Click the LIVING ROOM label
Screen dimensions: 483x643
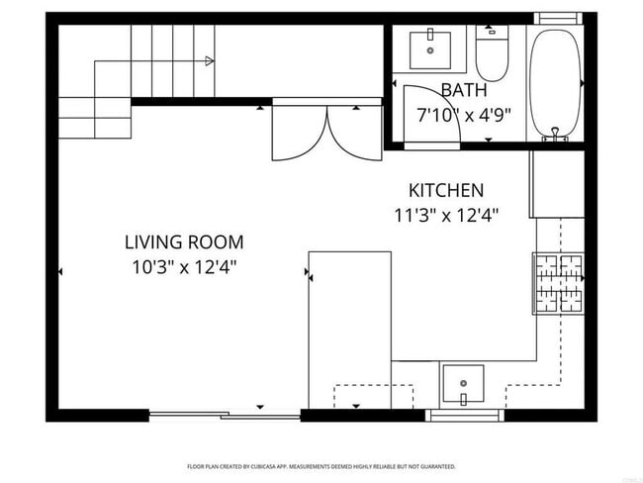[x=183, y=241]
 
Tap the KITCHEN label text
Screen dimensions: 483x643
[x=446, y=190]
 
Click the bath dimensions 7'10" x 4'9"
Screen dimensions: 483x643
[x=463, y=114]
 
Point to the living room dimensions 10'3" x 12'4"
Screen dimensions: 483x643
[x=183, y=266]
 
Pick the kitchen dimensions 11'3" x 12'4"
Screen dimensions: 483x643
[x=446, y=214]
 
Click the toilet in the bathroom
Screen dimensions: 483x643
[x=492, y=55]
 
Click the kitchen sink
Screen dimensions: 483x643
[x=463, y=382]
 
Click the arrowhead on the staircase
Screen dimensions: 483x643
[x=209, y=61]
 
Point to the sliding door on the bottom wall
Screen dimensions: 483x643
[x=225, y=416]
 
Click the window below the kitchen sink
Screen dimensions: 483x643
[x=465, y=416]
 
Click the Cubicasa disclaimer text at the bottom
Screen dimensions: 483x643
[x=321, y=466]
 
